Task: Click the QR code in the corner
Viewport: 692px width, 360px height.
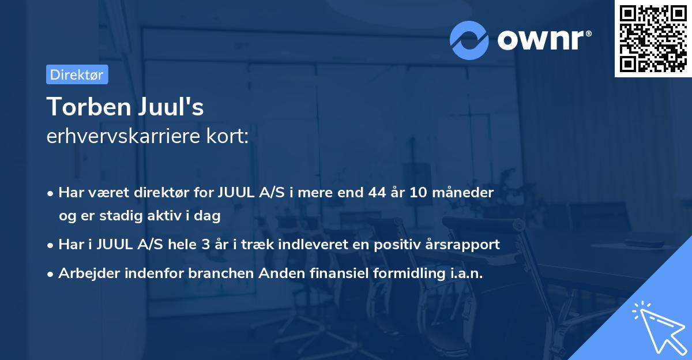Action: [x=653, y=39]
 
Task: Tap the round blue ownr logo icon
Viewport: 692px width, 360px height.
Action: [x=469, y=40]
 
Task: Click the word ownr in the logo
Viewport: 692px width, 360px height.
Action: [x=544, y=40]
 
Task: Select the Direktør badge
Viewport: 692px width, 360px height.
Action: [x=77, y=74]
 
